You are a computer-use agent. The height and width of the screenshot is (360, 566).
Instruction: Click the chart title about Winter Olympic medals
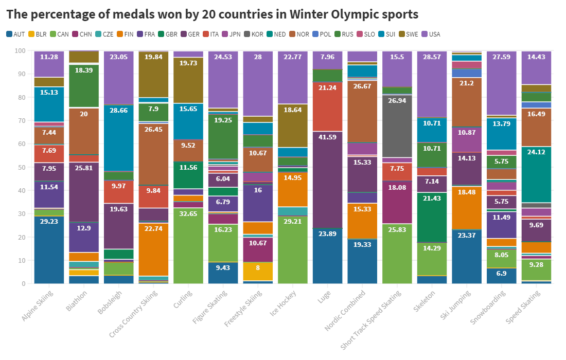212,14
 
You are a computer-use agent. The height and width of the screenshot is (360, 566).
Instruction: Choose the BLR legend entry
39,34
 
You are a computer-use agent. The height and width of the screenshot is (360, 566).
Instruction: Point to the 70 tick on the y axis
21,121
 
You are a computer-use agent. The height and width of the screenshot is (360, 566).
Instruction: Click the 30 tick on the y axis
21,214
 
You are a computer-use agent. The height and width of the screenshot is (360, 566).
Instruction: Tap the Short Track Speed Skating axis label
374,319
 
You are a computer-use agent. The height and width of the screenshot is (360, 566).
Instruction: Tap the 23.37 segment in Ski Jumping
467,256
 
